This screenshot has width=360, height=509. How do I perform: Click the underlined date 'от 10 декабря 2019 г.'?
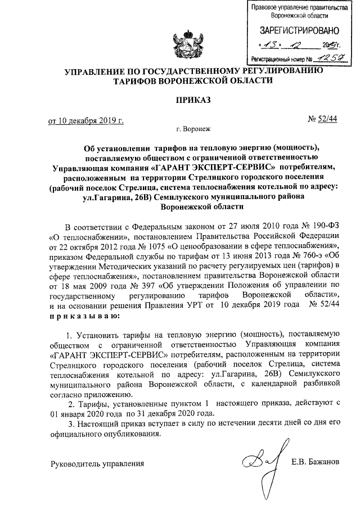[85, 120]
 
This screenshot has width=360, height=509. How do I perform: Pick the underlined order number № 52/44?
[323, 120]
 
